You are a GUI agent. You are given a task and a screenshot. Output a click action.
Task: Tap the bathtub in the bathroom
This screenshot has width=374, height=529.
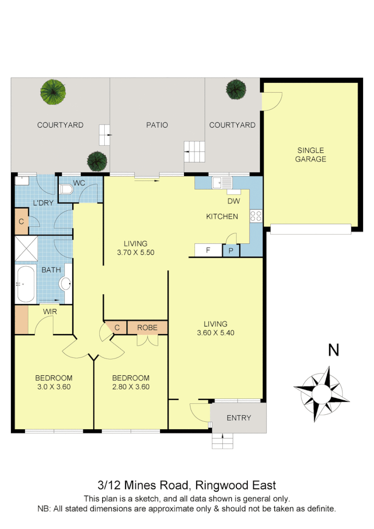tap(25, 284)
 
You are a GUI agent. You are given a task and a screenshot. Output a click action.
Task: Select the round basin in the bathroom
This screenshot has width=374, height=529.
tap(65, 284)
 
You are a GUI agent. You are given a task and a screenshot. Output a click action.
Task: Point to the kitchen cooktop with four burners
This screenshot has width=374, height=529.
tap(256, 216)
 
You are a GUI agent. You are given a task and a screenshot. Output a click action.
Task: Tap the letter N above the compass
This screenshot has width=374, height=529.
tap(333, 350)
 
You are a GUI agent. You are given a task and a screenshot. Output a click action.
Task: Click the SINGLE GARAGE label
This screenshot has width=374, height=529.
tap(310, 155)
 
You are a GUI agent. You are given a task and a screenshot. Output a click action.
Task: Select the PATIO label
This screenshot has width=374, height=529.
tap(157, 125)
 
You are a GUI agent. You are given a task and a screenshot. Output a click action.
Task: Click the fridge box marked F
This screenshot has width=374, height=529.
tap(208, 250)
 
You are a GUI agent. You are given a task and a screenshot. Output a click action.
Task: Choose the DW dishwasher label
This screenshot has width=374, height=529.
tap(234, 201)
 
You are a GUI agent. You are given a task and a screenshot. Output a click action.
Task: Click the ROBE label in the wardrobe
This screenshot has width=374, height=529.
tap(147, 328)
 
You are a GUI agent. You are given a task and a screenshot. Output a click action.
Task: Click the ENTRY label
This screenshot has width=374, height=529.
tap(239, 418)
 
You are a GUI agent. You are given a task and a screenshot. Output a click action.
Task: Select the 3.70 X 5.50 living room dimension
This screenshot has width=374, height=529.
tap(136, 252)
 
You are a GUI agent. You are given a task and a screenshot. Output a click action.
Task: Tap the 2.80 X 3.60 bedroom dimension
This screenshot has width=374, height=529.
tap(131, 386)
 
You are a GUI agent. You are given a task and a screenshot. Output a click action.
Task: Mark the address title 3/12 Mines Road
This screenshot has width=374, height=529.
tap(186, 485)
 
